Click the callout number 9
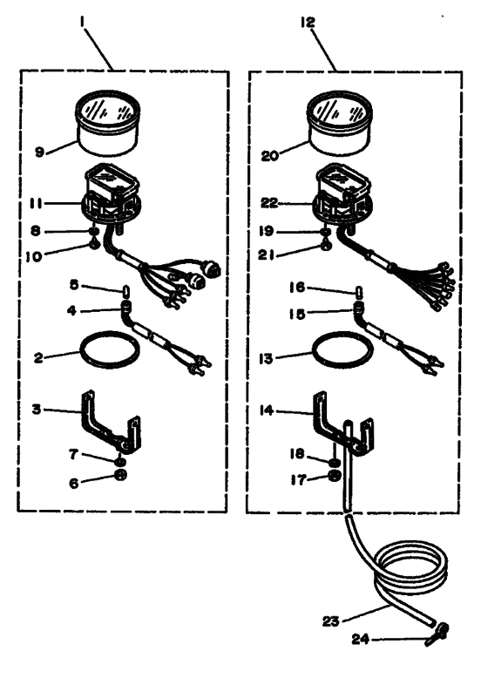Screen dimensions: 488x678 click(x=39, y=153)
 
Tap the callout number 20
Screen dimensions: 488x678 click(x=270, y=156)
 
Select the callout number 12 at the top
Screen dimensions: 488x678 click(x=308, y=22)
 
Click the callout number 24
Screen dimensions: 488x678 click(x=360, y=639)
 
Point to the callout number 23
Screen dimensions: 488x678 click(x=330, y=621)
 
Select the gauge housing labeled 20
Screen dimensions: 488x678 click(x=339, y=123)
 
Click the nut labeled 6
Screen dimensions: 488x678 click(x=121, y=475)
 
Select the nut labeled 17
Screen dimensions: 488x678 click(x=335, y=477)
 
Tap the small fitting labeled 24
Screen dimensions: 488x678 click(x=437, y=634)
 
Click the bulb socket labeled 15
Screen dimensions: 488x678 click(x=358, y=309)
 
